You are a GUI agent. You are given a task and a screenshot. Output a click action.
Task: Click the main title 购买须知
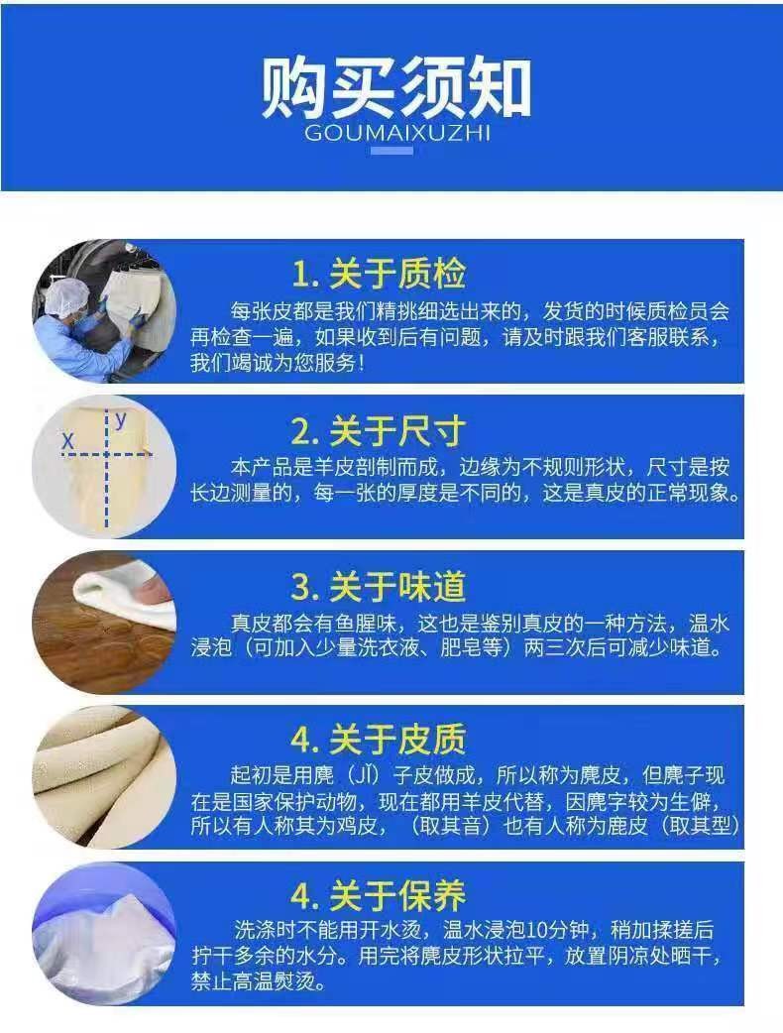(395, 87)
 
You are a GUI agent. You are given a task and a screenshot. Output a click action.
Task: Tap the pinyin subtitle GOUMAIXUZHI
(397, 134)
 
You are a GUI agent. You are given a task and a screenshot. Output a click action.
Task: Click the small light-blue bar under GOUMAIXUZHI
(391, 151)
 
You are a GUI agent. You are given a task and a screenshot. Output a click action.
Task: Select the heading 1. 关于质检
(380, 274)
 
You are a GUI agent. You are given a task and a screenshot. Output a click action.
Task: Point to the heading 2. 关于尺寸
(379, 431)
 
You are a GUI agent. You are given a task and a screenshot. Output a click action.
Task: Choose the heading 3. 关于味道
(379, 586)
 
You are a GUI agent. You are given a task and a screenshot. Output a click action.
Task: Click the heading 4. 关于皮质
(379, 740)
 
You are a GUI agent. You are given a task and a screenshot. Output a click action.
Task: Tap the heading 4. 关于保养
(379, 894)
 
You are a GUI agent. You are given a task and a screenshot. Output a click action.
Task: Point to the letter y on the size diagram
(121, 419)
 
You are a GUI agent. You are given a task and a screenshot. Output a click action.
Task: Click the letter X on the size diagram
(67, 441)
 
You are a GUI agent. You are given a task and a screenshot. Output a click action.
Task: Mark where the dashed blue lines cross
(107, 454)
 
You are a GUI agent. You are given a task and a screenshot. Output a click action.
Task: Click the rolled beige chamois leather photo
(104, 776)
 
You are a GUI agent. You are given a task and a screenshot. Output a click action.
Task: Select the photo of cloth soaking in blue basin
(104, 934)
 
